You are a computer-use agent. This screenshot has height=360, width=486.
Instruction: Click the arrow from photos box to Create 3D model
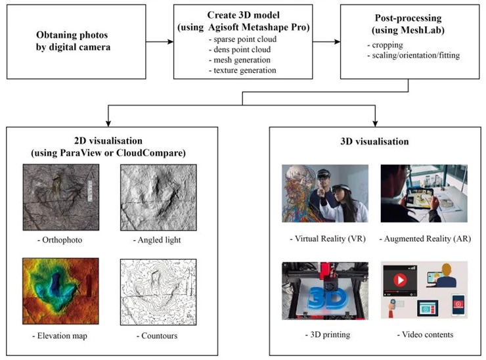click(158, 43)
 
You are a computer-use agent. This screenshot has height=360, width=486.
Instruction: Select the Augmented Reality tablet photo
click(424, 194)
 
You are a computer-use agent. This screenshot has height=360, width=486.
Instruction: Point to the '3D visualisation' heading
click(376, 141)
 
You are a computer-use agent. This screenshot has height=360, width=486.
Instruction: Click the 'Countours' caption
click(157, 336)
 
